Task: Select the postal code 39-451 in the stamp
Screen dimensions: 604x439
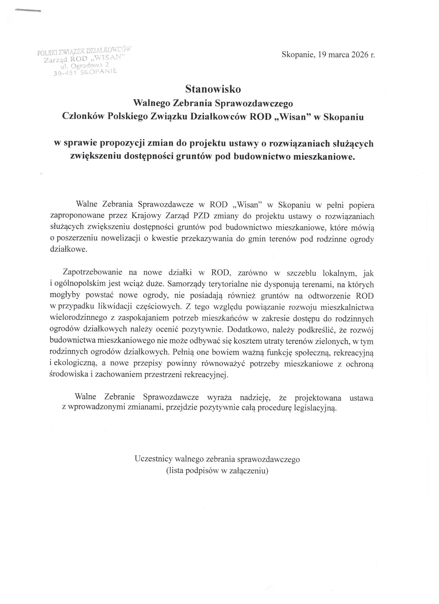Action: point(65,74)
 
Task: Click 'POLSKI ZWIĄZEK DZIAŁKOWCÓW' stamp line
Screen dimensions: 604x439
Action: point(84,51)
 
